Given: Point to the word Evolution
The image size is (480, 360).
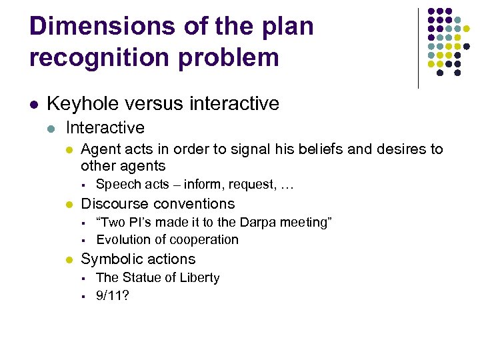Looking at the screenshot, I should [x=123, y=239].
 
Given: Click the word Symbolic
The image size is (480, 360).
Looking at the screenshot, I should [x=110, y=259].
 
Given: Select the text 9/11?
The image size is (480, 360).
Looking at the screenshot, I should [x=113, y=295].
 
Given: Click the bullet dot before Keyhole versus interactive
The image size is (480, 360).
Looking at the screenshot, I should [x=33, y=105].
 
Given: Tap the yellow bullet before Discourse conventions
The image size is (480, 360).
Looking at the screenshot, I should [x=69, y=205].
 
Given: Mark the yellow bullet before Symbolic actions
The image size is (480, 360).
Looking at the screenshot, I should [x=69, y=260].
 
